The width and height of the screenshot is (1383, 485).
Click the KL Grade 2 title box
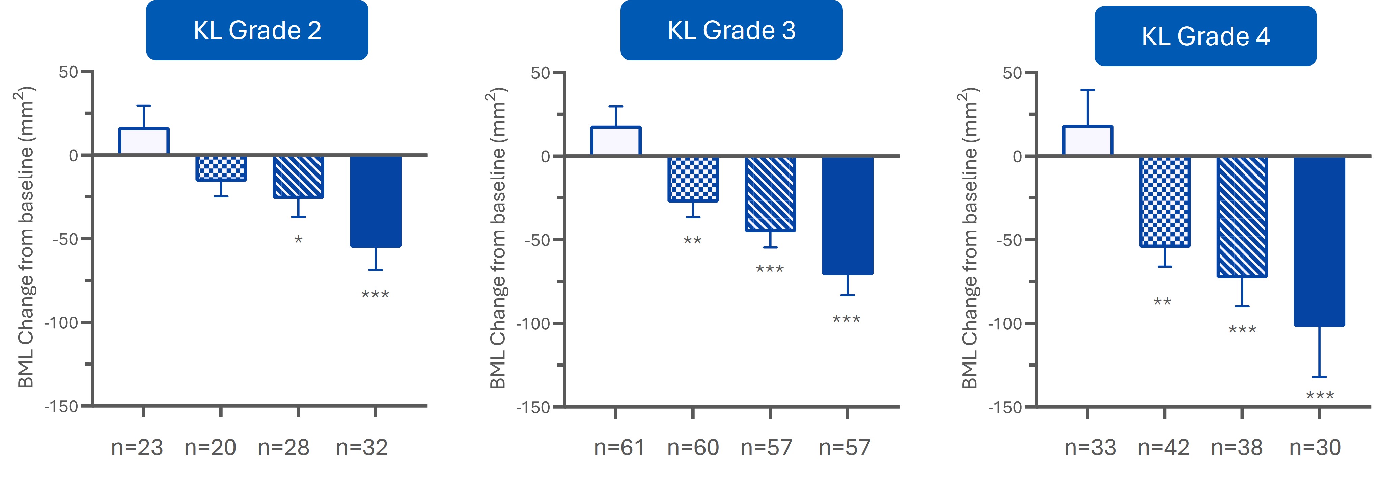pos(257,30)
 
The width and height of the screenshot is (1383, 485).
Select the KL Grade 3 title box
pos(731,30)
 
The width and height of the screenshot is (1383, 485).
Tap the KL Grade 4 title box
pos(1205,36)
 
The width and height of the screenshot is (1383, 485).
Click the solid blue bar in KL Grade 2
pos(376,201)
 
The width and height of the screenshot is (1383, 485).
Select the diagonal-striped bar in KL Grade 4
pos(1242,217)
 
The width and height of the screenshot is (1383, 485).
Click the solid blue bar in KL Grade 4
pos(1319,241)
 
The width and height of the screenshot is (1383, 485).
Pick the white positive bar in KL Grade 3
pos(616,141)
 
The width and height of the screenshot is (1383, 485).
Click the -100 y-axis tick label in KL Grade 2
pos(61,323)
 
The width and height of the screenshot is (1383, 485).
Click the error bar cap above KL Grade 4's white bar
pos(1088,90)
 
